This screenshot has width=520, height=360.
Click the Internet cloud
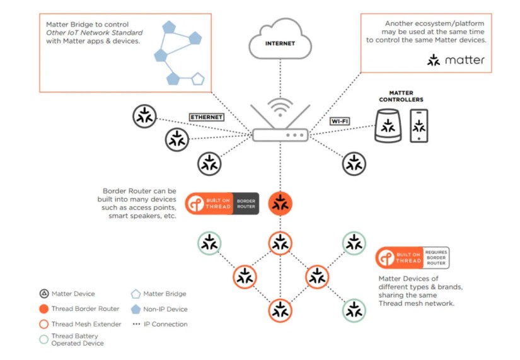click(x=280, y=43)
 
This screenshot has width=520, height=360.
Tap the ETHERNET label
click(x=207, y=117)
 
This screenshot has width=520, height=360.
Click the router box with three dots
click(x=280, y=135)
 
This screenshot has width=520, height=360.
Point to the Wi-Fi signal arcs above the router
click(x=280, y=108)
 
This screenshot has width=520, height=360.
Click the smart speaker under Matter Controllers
click(x=389, y=125)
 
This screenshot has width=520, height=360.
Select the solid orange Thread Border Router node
click(x=280, y=204)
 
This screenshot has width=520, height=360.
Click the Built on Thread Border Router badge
click(x=222, y=204)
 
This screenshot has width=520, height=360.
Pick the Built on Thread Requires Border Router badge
click(x=412, y=257)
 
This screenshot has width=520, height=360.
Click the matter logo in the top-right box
click(x=456, y=60)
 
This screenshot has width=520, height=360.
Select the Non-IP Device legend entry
click(x=159, y=309)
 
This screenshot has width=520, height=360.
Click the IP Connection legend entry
click(x=160, y=324)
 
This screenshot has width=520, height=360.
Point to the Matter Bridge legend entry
click(x=159, y=294)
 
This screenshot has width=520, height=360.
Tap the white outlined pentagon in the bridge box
click(x=198, y=79)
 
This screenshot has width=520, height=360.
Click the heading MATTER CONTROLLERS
click(x=401, y=96)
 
